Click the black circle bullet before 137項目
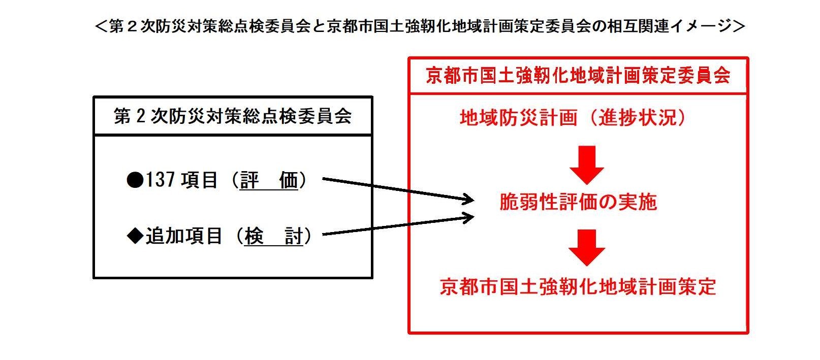pyautogui.click(x=135, y=180)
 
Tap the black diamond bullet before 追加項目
pyautogui.click(x=135, y=236)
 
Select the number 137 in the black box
pyautogui.click(x=161, y=180)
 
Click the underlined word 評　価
pyautogui.click(x=269, y=180)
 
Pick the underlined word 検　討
pyautogui.click(x=274, y=236)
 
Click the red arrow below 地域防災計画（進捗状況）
pyautogui.click(x=587, y=165)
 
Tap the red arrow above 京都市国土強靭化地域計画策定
pyautogui.click(x=587, y=248)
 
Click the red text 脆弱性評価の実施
pyautogui.click(x=578, y=202)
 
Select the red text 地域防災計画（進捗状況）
pyautogui.click(x=573, y=118)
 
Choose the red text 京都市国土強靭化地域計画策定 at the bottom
pyautogui.click(x=578, y=286)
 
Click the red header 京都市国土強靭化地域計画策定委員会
pyautogui.click(x=578, y=76)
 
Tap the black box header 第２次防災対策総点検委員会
pyautogui.click(x=233, y=116)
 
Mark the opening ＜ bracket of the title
pyautogui.click(x=101, y=26)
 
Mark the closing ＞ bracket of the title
pyautogui.click(x=739, y=26)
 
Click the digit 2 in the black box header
pyautogui.click(x=141, y=116)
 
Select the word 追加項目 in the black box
pyautogui.click(x=184, y=236)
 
